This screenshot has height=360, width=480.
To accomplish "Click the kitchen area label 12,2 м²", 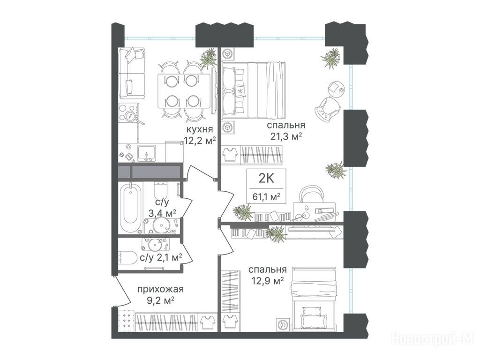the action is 200,141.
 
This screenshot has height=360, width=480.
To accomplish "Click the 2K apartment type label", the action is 266,178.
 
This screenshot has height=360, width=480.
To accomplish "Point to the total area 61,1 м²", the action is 266,196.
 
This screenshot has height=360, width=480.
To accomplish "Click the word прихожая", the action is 160,289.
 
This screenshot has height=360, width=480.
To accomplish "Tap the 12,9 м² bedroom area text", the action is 267,281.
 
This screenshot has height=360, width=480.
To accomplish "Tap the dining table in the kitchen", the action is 184,90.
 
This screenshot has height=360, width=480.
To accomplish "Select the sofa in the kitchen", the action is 132,73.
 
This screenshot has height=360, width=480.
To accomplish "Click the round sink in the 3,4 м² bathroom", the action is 161,225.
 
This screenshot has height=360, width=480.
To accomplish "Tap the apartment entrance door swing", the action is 122,291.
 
